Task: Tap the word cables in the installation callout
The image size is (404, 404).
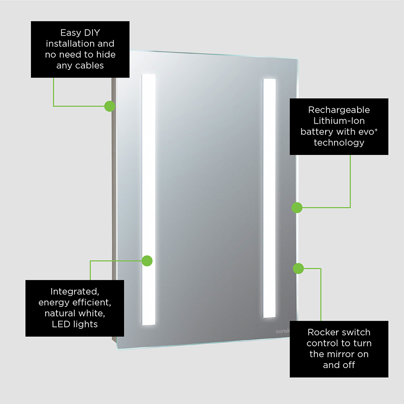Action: click(89, 65)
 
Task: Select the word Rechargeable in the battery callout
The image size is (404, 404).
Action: click(339, 110)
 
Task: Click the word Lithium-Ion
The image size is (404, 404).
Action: click(339, 120)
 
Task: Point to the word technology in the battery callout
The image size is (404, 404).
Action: click(339, 143)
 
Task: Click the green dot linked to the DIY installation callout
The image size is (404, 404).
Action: click(110, 106)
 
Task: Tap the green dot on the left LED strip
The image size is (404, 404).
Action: click(147, 261)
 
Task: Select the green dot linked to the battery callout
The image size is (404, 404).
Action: click(297, 207)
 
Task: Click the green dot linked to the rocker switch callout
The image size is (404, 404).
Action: click(299, 269)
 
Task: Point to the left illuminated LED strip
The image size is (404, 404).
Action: click(148, 200)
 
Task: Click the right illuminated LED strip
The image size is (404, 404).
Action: click(269, 198)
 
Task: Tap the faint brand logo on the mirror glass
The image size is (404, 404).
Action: click(283, 331)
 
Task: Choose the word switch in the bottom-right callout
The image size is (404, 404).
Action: click(356, 332)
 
